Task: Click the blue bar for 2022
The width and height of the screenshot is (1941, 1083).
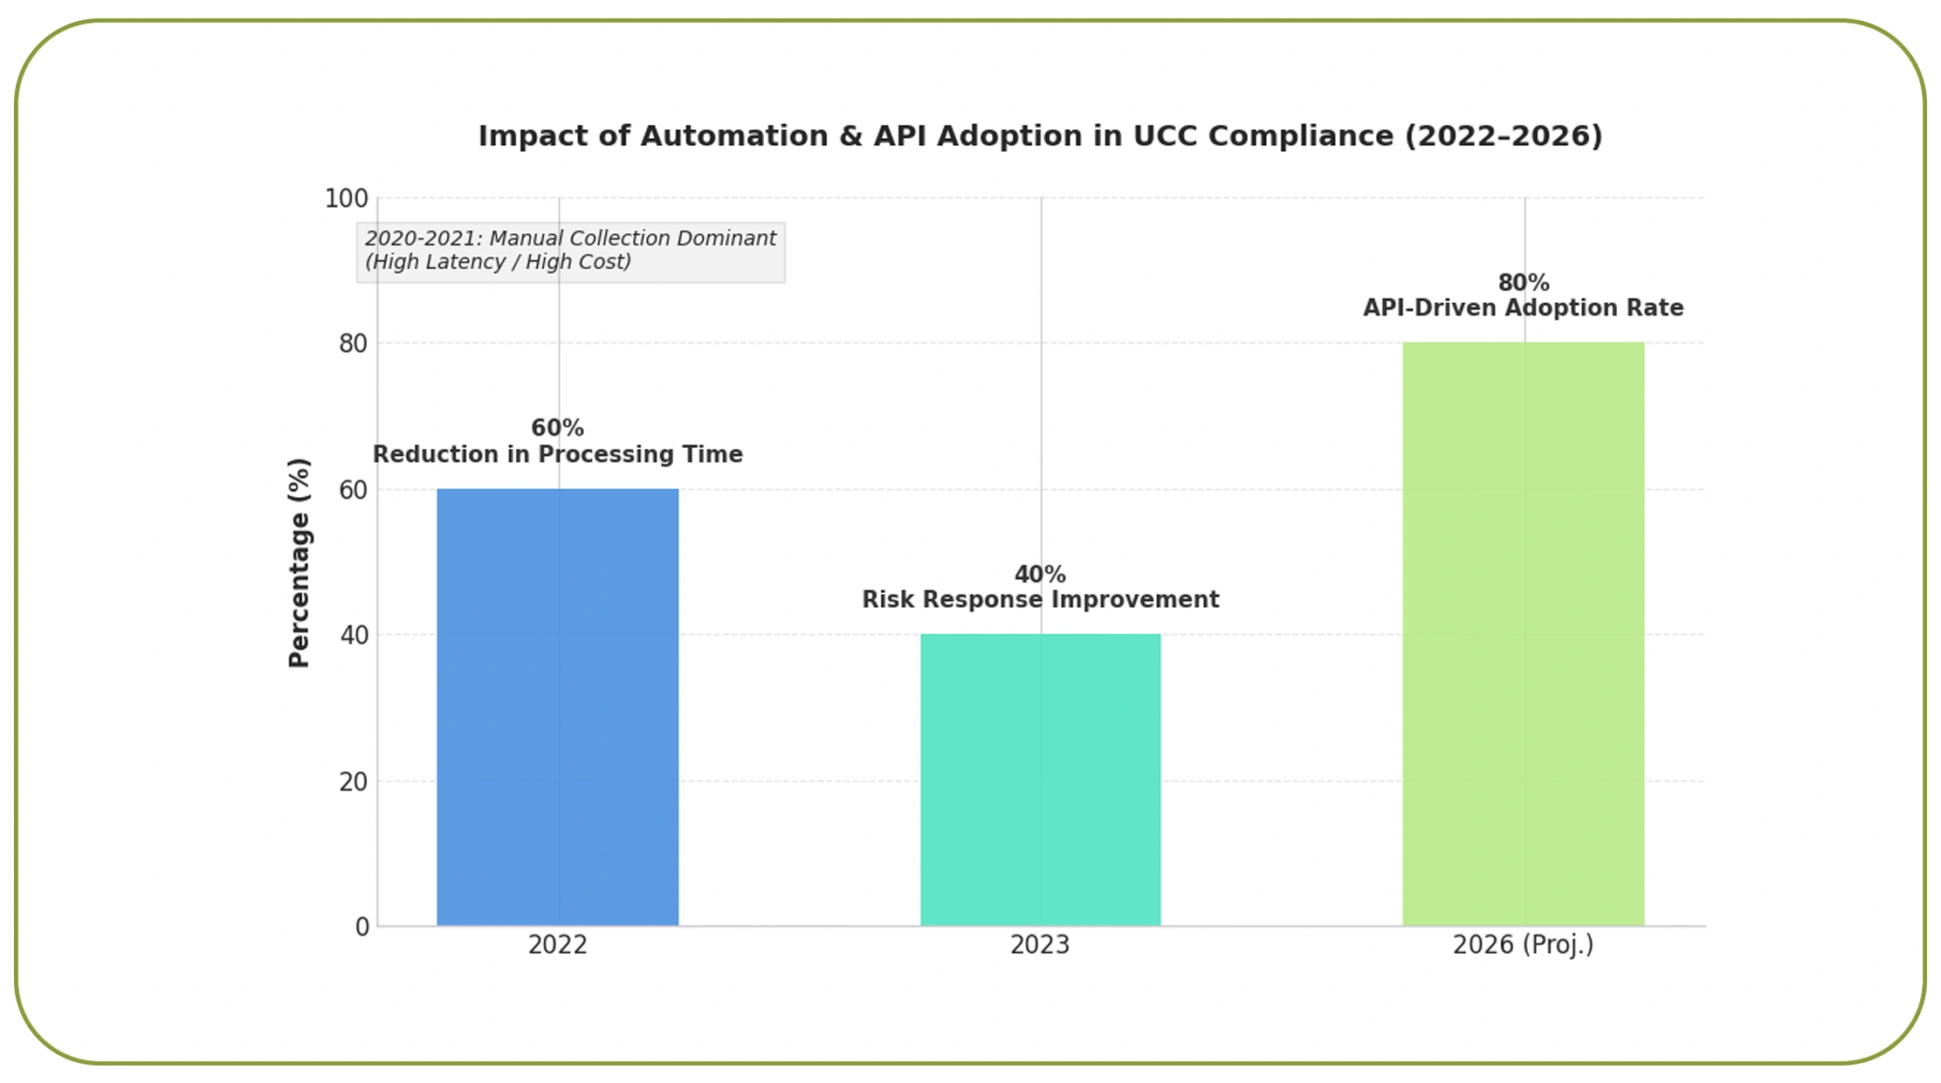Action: click(557, 707)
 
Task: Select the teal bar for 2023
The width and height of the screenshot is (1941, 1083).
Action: click(1040, 779)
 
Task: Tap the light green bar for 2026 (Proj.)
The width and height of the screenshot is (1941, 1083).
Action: click(1523, 633)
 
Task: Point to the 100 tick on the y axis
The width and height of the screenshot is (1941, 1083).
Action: click(347, 198)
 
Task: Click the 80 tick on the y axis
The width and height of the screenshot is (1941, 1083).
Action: click(354, 344)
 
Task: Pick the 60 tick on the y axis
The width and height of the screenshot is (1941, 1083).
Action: click(354, 490)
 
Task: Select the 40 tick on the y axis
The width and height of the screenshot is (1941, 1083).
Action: click(354, 635)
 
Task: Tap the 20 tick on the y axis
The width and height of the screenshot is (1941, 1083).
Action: click(354, 782)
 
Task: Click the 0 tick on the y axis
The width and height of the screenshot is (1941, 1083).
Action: click(362, 927)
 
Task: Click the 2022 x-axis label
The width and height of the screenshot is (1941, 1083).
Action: click(557, 945)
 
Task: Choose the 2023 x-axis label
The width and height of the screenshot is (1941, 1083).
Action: click(1040, 945)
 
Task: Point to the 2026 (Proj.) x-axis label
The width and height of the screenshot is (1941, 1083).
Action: click(1523, 945)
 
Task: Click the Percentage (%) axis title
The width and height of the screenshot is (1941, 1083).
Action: click(299, 562)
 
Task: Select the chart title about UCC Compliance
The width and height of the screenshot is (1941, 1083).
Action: click(1040, 136)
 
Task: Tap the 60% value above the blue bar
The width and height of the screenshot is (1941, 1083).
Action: click(557, 428)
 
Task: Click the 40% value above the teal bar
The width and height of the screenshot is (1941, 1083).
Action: click(1040, 575)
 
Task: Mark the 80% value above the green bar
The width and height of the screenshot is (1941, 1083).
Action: click(1524, 283)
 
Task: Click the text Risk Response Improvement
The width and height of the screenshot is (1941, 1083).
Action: click(1040, 600)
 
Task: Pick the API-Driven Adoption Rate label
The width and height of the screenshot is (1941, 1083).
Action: click(1524, 308)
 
